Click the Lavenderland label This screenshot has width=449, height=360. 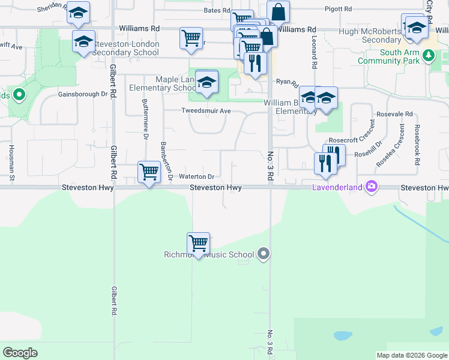pyautogui.click(x=336, y=187)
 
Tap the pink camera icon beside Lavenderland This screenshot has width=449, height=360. pyautogui.click(x=372, y=187)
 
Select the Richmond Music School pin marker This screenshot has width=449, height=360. pyautogui.click(x=263, y=254)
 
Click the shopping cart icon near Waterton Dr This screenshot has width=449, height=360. pyautogui.click(x=149, y=172)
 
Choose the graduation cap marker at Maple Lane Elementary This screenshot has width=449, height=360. pyautogui.click(x=206, y=82)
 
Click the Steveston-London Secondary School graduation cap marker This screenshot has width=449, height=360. pyautogui.click(x=83, y=41)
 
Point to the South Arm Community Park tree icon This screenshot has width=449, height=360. pyautogui.click(x=428, y=56)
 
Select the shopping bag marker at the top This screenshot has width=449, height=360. pyautogui.click(x=279, y=11)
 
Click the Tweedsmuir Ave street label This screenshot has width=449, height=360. pyautogui.click(x=206, y=111)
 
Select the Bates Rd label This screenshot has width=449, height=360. pyautogui.click(x=217, y=11)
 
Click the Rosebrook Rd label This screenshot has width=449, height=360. pyautogui.click(x=417, y=145)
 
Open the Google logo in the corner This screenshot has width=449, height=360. pyautogui.click(x=20, y=353)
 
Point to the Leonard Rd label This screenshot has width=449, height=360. pyautogui.click(x=314, y=50)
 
